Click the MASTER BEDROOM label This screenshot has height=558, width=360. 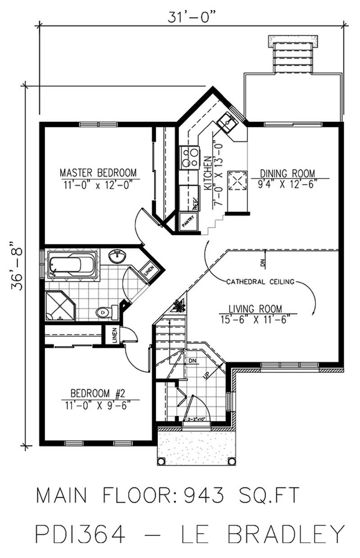tap(98, 172)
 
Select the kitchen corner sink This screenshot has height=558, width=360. tap(227, 122)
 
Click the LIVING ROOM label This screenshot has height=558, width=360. tap(255, 309)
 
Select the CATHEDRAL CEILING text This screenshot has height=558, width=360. tap(260, 282)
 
